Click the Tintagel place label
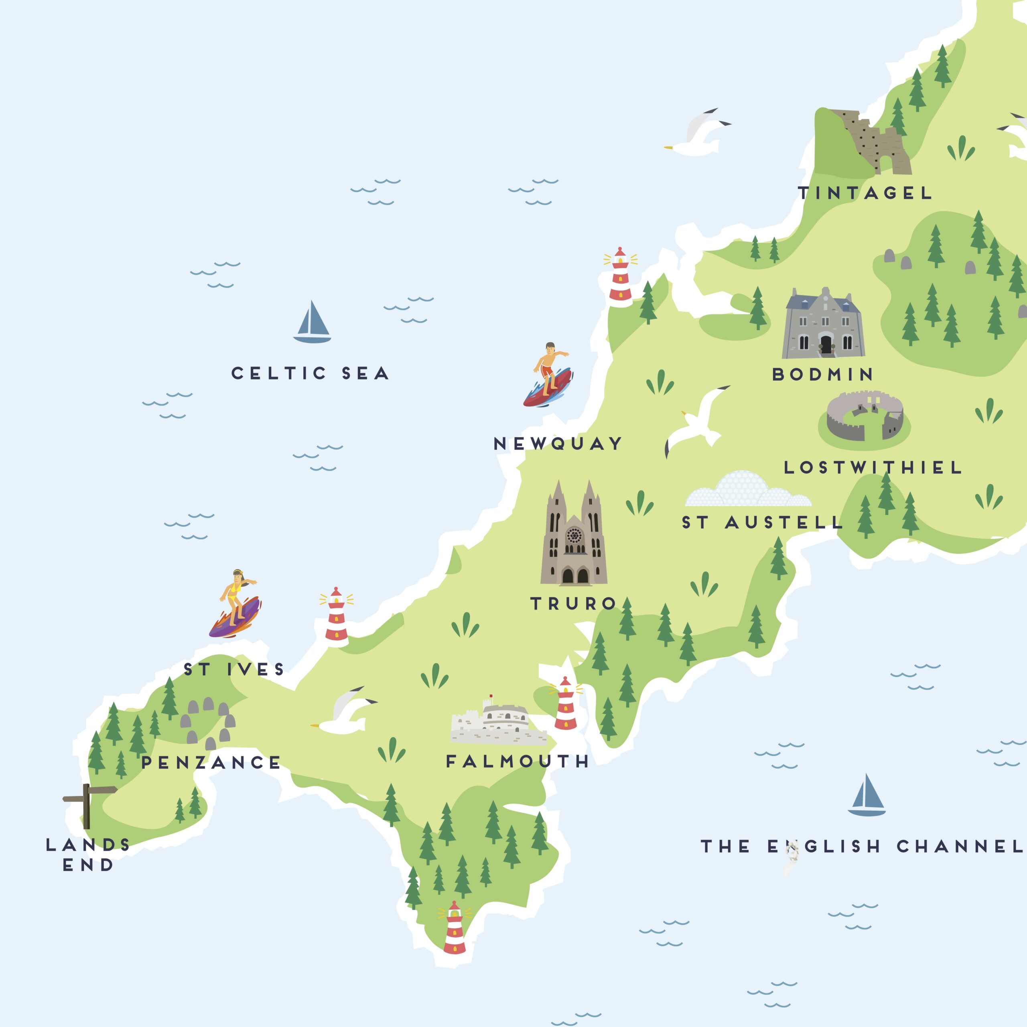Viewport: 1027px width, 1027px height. pyautogui.click(x=865, y=193)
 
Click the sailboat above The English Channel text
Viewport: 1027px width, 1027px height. pyautogui.click(x=867, y=796)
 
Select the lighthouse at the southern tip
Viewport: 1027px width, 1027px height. pyautogui.click(x=455, y=928)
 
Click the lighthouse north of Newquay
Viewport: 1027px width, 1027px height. pyautogui.click(x=620, y=275)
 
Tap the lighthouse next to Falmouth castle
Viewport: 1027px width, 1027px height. pyautogui.click(x=565, y=704)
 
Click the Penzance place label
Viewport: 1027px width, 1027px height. pyautogui.click(x=211, y=763)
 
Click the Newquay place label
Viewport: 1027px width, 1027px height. pyautogui.click(x=558, y=443)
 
